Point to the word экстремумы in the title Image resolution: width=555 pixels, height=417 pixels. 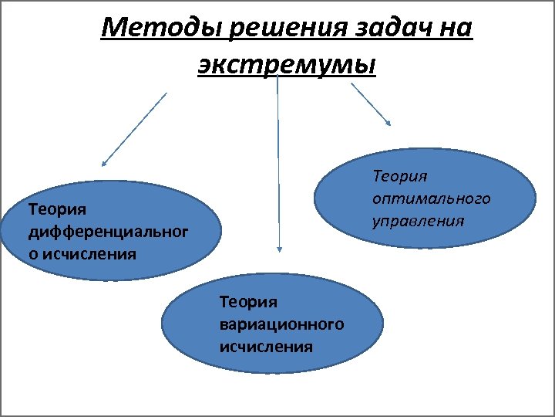click(286, 66)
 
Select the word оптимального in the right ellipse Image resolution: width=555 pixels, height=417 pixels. click(431, 199)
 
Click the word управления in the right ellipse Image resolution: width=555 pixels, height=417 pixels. click(418, 222)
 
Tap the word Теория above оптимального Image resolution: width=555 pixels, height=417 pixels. click(400, 177)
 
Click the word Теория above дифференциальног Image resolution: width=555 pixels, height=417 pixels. click(57, 208)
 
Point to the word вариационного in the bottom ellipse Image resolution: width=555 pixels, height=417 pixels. click(281, 324)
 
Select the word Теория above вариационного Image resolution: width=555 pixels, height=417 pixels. click(248, 301)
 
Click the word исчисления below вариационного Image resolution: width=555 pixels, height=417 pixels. click(266, 346)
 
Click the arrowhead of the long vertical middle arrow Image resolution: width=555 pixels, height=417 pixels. click(279, 249)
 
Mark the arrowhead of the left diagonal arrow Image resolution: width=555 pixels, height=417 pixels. click(103, 163)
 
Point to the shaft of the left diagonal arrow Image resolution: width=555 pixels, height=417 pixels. click(136, 127)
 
